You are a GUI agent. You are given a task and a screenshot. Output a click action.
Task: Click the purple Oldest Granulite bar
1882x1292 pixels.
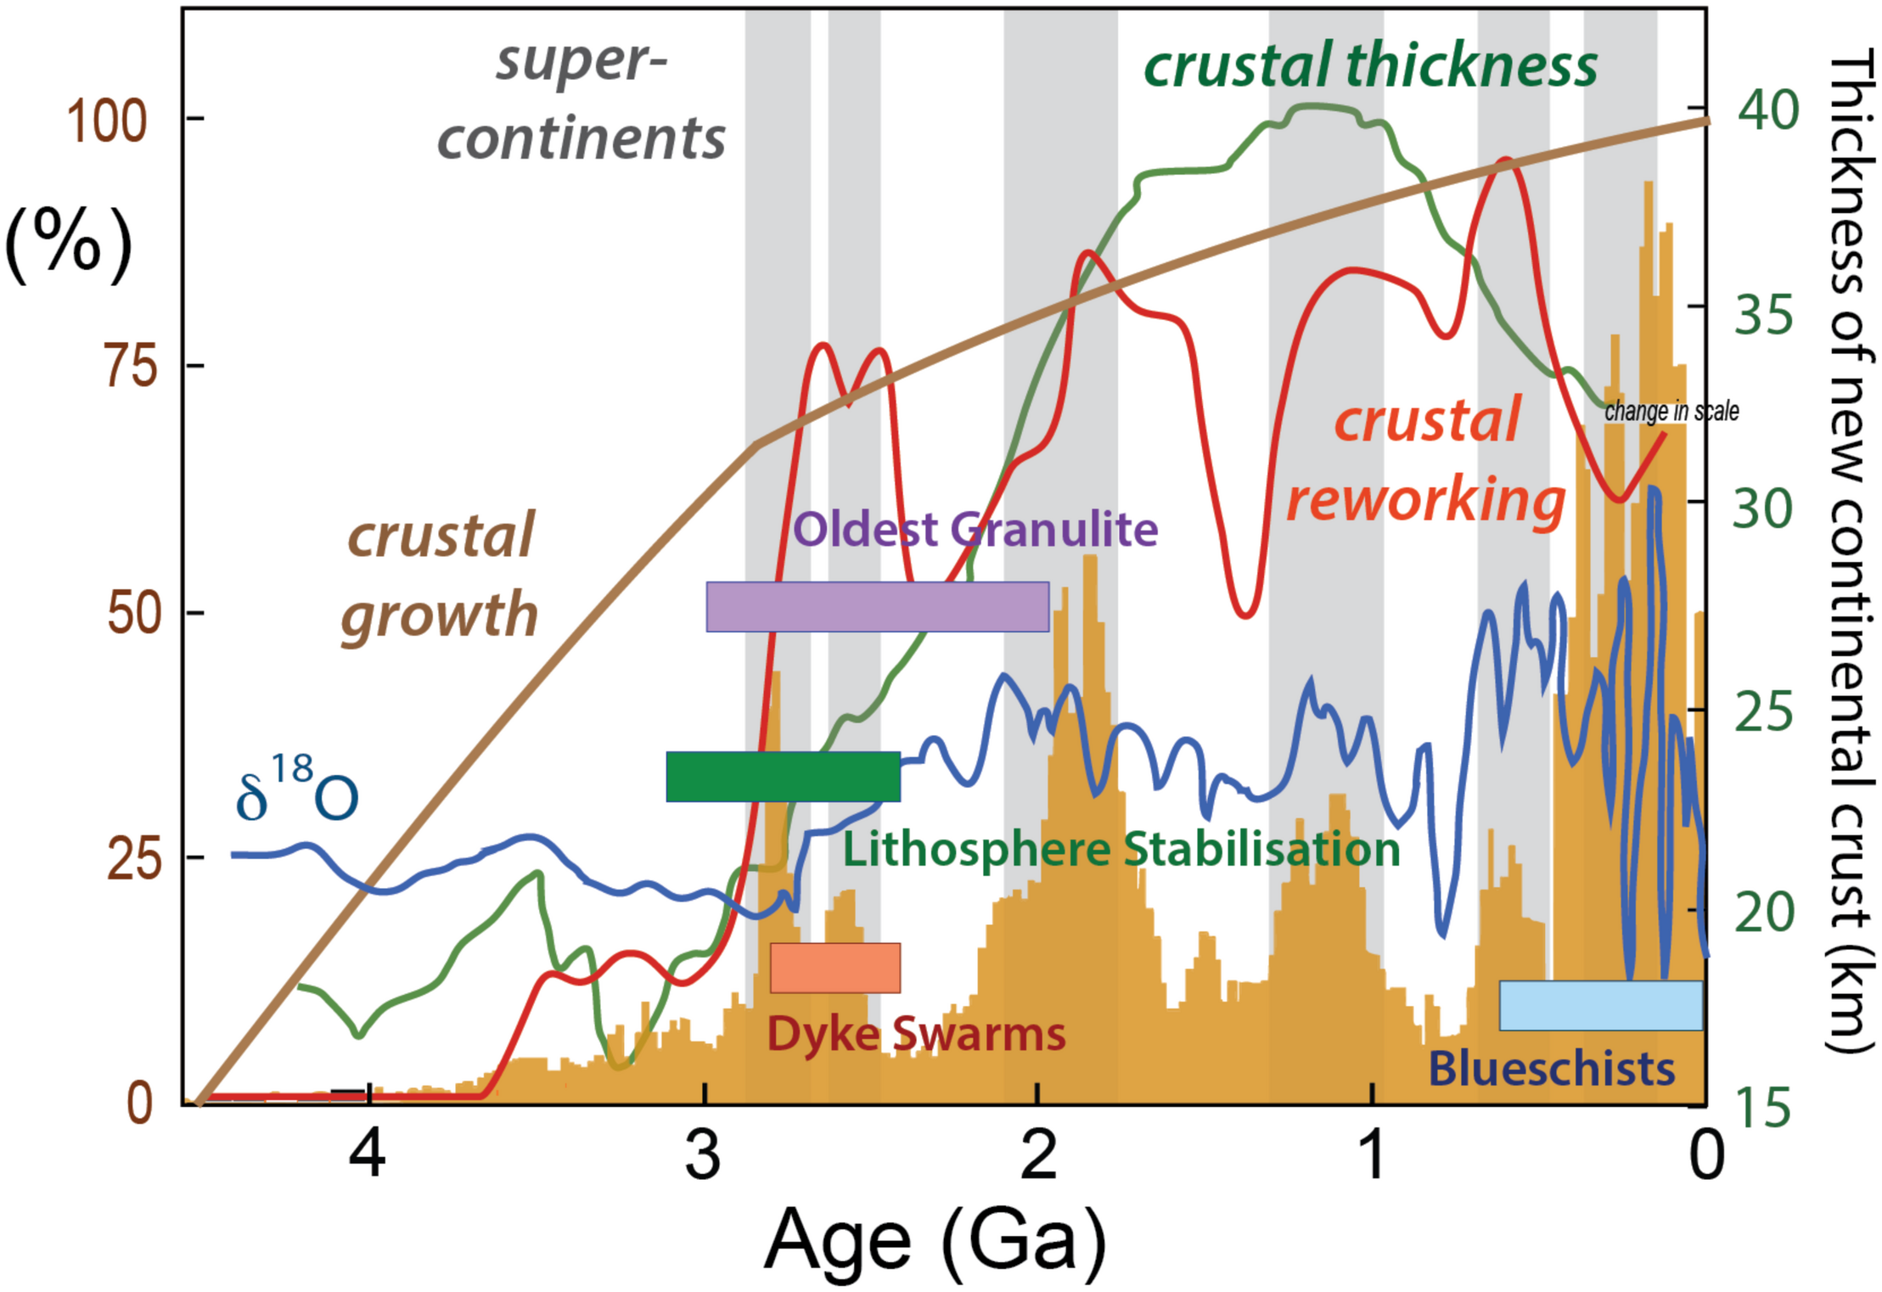pos(877,606)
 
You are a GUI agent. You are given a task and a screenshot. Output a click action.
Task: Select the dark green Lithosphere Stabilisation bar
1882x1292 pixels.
pos(783,776)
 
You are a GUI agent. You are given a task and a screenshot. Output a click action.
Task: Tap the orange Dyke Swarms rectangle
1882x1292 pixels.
pos(834,967)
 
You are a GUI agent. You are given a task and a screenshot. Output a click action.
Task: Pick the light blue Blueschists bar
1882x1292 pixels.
pos(1600,1005)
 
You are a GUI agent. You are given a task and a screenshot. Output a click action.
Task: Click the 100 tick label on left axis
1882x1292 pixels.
pos(107,121)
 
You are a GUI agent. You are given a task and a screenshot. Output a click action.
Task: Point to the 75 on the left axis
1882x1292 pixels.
pos(131,367)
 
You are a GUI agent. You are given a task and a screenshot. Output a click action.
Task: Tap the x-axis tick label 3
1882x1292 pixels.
pos(703,1155)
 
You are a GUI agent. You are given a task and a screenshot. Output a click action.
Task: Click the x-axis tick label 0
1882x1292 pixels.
pos(1705,1155)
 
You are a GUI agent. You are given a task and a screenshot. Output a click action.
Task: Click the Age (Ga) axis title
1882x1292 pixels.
pos(935,1240)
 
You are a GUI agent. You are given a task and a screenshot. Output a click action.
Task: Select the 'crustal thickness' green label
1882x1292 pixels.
pos(1370,65)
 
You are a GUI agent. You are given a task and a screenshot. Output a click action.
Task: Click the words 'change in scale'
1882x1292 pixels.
pos(1671,412)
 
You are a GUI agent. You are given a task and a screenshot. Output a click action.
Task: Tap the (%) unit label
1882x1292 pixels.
pos(69,245)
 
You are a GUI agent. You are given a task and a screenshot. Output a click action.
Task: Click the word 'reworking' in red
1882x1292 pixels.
pos(1425,500)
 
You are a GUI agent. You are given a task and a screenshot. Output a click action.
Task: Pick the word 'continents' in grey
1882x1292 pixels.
pos(581,138)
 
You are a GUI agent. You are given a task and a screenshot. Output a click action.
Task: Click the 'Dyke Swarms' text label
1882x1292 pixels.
pos(916,1034)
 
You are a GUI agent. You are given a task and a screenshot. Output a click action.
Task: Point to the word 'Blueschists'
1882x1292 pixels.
pos(1552,1069)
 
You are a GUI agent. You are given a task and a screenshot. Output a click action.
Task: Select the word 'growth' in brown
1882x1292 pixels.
pos(440,615)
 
